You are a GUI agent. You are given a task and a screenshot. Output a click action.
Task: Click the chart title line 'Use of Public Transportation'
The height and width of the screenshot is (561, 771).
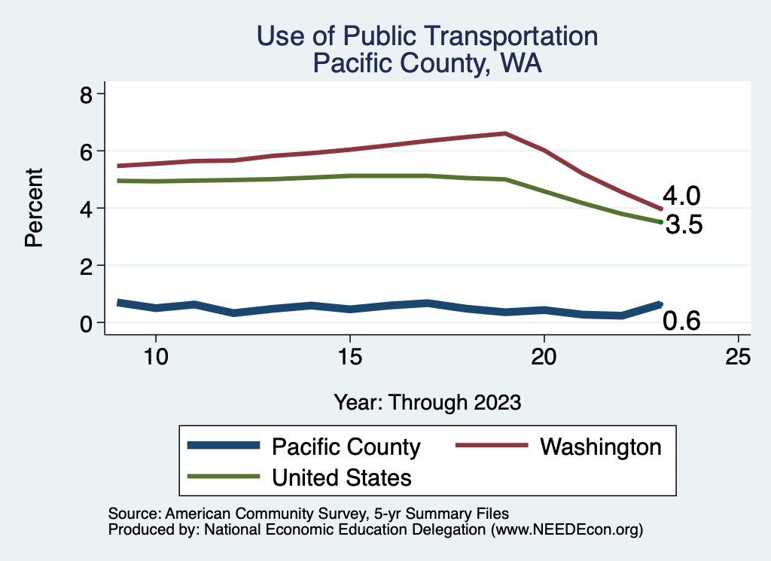tap(427, 35)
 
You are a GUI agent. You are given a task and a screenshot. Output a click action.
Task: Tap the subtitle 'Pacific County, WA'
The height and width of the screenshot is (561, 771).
tap(427, 63)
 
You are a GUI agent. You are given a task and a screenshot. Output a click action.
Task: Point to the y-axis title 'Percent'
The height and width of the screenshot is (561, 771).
tap(32, 208)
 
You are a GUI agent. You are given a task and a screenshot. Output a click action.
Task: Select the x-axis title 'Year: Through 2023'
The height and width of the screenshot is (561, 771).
tap(427, 402)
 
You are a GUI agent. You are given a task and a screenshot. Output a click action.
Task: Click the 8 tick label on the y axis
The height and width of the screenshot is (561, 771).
tap(87, 94)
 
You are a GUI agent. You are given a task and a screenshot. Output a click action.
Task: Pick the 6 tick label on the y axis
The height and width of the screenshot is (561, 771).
tap(87, 151)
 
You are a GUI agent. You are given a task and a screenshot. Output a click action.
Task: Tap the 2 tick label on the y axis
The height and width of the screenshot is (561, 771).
tap(87, 266)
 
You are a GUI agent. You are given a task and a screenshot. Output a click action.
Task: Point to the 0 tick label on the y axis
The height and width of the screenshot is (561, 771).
tap(87, 323)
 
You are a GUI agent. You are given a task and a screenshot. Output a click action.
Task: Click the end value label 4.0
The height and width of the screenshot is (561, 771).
tap(681, 197)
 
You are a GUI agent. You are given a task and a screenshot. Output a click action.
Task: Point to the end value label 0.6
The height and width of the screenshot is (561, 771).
tap(681, 322)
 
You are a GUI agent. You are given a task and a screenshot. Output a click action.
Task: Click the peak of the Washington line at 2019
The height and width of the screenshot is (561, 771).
tap(505, 133)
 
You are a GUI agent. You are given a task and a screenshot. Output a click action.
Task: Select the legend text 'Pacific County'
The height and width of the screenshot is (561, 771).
tap(346, 447)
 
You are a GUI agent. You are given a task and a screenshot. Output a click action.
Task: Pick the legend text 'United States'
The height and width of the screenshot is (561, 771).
tap(341, 477)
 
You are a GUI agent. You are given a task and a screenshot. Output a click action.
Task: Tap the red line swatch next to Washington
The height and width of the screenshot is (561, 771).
tap(490, 447)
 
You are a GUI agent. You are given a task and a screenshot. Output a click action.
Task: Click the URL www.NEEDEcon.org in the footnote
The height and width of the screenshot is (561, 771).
tap(565, 530)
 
